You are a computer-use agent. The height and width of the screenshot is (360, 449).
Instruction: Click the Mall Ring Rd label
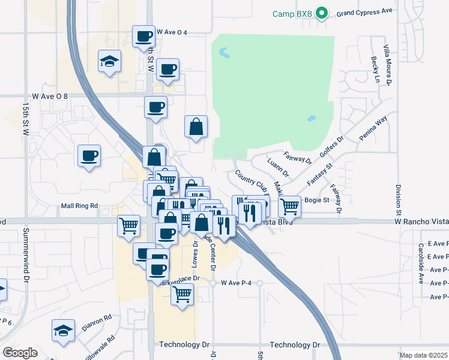point(79,206)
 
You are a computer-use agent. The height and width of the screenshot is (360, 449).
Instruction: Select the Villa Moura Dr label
point(388,66)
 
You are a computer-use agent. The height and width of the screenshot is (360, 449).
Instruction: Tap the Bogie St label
point(318,200)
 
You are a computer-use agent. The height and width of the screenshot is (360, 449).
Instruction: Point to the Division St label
point(398,200)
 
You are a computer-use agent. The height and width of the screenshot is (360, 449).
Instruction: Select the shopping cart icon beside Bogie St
point(289,206)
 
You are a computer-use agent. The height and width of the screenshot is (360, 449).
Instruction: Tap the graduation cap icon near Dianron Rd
point(64,329)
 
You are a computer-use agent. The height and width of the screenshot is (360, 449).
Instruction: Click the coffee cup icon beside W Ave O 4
point(144,36)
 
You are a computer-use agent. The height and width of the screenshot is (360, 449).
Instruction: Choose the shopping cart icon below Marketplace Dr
point(182,294)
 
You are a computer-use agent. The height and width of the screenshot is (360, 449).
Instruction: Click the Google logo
point(20,353)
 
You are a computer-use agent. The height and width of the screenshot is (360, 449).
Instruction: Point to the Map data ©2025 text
point(423,355)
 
